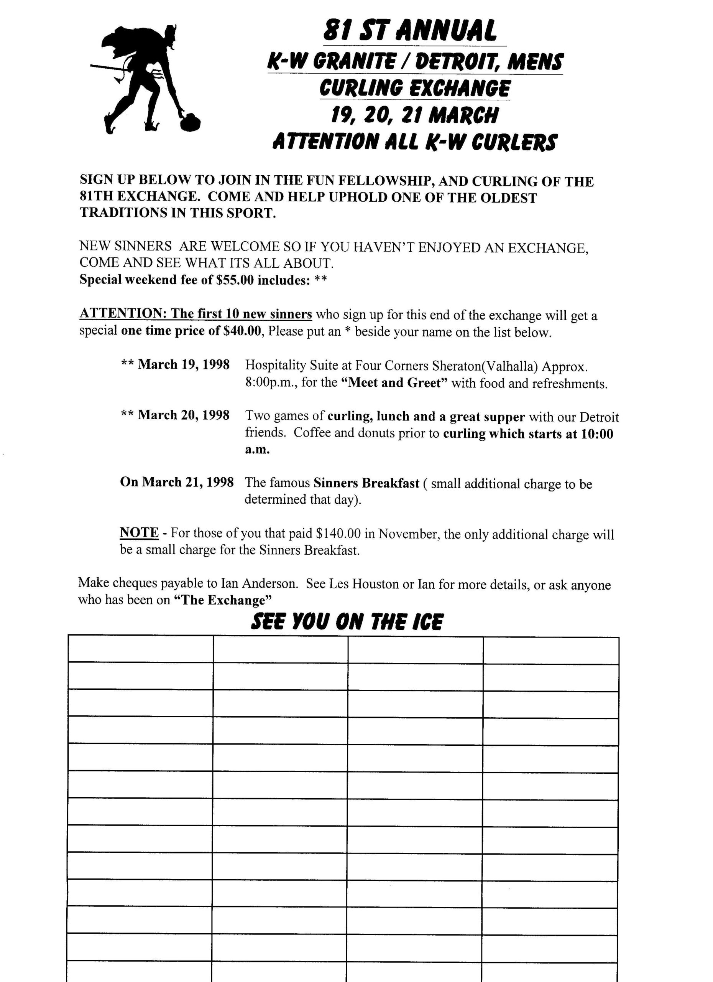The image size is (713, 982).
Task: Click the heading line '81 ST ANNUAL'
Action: (410, 31)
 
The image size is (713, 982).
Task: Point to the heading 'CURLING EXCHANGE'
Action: (414, 88)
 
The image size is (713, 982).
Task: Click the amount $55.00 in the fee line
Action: (234, 280)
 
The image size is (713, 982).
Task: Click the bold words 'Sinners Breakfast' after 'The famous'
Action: (366, 483)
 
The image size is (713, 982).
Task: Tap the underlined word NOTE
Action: (139, 532)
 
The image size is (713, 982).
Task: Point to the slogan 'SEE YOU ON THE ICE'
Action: (347, 622)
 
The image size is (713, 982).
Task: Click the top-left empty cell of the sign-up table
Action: (140, 649)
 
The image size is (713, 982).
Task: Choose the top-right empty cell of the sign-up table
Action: (550, 650)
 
